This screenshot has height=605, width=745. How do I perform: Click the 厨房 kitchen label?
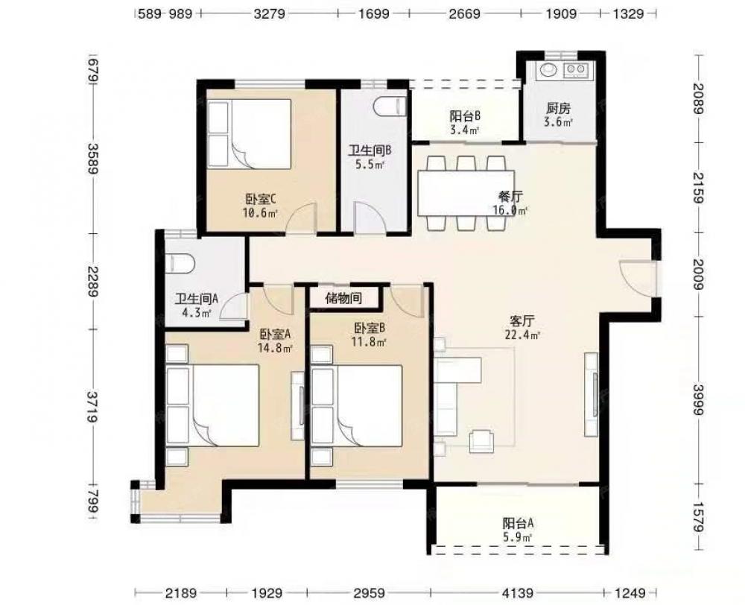(x=558, y=108)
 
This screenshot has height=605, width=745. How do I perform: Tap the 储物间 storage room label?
(x=343, y=299)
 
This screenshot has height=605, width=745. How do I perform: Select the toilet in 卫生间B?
(x=390, y=107)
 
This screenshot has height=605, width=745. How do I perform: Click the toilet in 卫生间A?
(x=180, y=263)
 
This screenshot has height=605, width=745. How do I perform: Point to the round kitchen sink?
(x=548, y=70)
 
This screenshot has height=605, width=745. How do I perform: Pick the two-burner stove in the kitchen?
(x=577, y=70)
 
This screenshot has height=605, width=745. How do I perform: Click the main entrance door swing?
(x=638, y=279)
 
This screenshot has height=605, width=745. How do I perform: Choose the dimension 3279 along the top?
(x=270, y=13)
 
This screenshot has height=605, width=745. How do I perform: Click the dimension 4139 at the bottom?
(x=517, y=593)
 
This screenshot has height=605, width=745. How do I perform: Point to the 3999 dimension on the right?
(x=697, y=399)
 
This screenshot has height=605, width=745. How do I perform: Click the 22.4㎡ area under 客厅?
(x=522, y=335)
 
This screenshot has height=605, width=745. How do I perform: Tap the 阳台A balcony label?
(x=519, y=524)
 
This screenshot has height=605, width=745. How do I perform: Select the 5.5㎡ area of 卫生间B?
(x=370, y=165)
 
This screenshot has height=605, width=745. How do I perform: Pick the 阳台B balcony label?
(x=466, y=115)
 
